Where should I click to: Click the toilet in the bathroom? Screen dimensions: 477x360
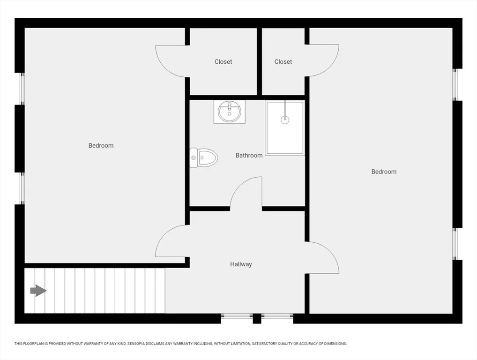204,157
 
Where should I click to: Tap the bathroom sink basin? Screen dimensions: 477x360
230,112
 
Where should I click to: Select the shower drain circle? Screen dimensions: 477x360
285,120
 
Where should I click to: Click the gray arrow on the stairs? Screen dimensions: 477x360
38,291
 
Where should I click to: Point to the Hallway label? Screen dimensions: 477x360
241,264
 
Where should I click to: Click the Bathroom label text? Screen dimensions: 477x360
249,155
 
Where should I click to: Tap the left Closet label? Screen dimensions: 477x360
224,62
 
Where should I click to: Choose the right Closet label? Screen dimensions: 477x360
283,62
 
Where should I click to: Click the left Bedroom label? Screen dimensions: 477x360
101,145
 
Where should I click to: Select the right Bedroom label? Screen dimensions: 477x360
384,172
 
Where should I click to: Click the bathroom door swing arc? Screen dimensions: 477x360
239,186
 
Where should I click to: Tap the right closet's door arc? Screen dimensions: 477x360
330,67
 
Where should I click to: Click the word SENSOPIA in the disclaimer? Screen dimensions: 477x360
137,344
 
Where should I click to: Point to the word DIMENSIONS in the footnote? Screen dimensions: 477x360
335,344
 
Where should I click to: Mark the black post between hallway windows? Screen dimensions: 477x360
257,318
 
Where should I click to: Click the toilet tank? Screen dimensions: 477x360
194,157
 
